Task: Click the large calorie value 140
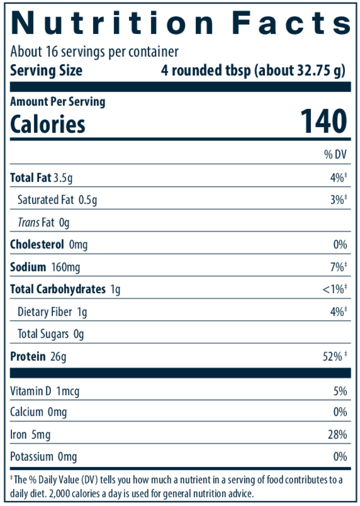pos(324,122)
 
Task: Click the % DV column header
pos(336,155)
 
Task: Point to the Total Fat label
pos(31,178)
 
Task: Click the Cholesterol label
pos(37,244)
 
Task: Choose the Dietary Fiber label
pos(45,312)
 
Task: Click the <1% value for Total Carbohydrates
pos(334,289)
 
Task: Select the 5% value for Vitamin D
pos(340,391)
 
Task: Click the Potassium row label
pos(31,457)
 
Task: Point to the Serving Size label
pos(46,70)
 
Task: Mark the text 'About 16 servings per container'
pos(95,52)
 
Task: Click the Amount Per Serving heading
pos(58,101)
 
